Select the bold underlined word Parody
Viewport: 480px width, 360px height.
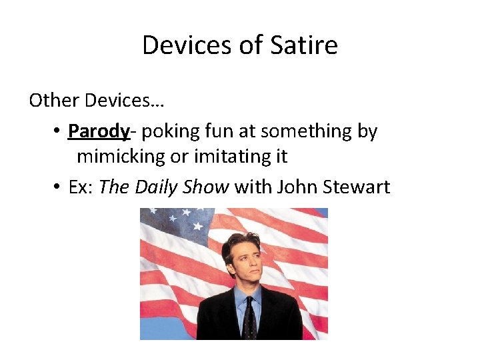[x=99, y=131]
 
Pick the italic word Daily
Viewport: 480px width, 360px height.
[x=157, y=187]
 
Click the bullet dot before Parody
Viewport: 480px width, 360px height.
[x=58, y=132]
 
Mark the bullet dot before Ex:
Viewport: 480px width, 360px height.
[x=58, y=188]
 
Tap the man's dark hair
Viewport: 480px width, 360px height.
[x=243, y=244]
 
